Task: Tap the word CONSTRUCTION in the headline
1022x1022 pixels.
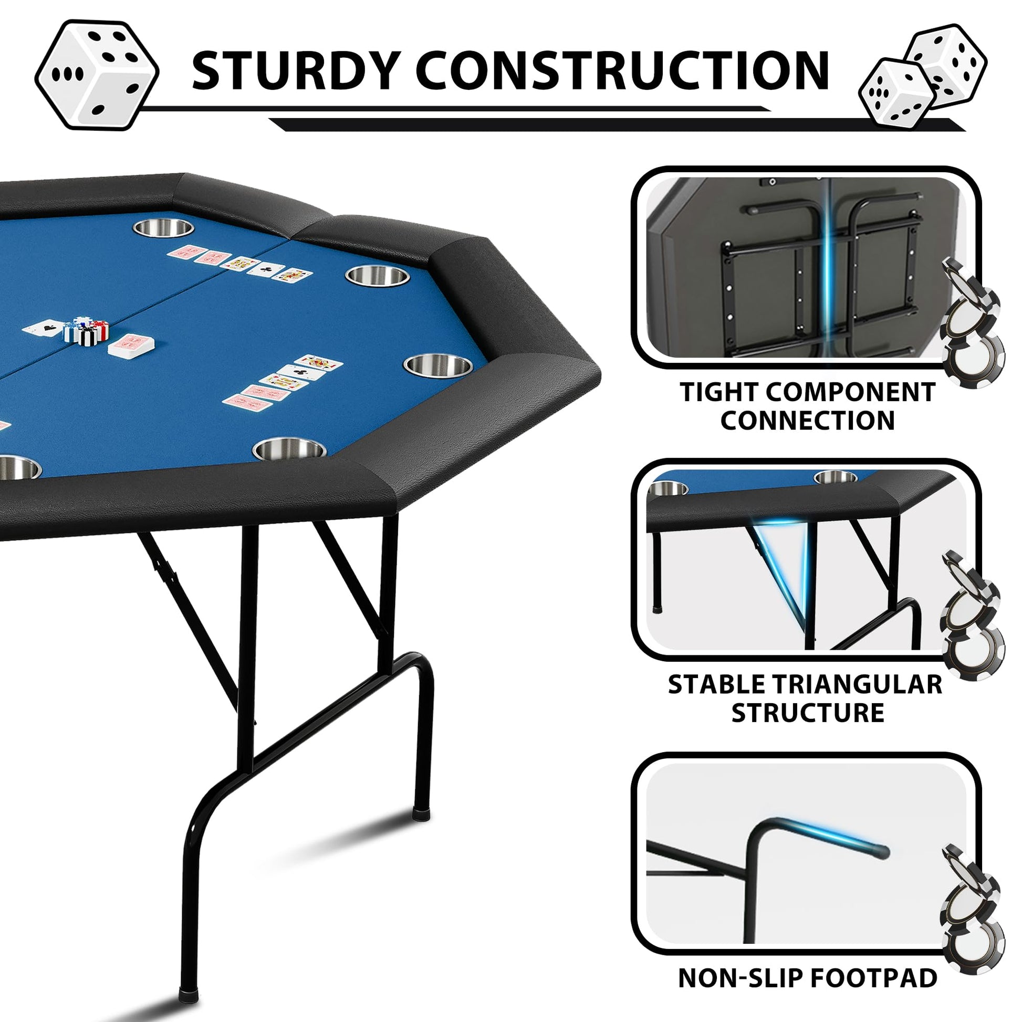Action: pyautogui.click(x=623, y=70)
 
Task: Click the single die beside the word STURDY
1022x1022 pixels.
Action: pyautogui.click(x=97, y=75)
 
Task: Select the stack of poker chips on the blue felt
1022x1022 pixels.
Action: pyautogui.click(x=86, y=330)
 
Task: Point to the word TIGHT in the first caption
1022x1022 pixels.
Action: pyautogui.click(x=717, y=392)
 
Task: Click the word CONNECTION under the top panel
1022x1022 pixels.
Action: pyautogui.click(x=807, y=421)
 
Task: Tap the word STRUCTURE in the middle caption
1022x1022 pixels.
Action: pyautogui.click(x=807, y=713)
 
